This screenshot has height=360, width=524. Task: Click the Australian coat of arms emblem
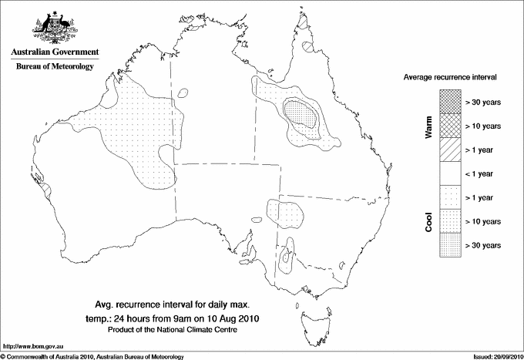(x=54, y=28)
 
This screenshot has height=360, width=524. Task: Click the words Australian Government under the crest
(x=54, y=52)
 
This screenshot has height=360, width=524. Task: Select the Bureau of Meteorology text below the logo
(x=54, y=67)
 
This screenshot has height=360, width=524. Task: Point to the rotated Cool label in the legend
(x=429, y=221)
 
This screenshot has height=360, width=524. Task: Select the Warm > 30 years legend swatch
(x=449, y=102)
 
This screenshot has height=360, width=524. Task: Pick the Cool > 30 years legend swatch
(x=449, y=245)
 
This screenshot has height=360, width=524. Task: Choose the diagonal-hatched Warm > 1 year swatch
(x=449, y=150)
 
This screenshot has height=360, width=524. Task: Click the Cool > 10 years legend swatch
(x=449, y=221)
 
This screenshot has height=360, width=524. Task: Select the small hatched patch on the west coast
(x=46, y=187)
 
